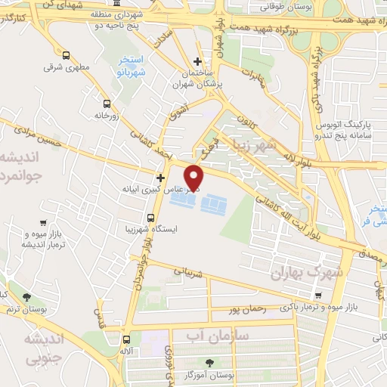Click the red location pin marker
(195, 177)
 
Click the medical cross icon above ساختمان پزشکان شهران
(197, 61)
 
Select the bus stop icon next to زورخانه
(106, 104)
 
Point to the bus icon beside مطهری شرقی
(67, 55)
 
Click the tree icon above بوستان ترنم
(27, 297)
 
